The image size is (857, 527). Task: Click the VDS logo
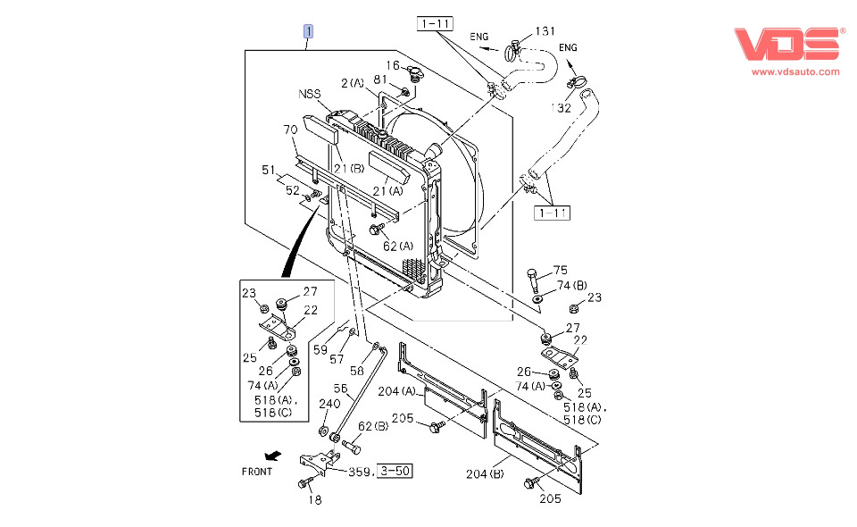click(788, 45)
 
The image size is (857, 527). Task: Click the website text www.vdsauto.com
click(795, 71)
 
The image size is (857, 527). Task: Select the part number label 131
click(545, 32)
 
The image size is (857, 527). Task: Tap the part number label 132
click(562, 108)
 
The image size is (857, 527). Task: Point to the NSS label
click(310, 94)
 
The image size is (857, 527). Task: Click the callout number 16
click(393, 65)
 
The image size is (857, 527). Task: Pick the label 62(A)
click(398, 246)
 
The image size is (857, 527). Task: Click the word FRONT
click(257, 471)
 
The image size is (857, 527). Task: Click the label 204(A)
click(396, 390)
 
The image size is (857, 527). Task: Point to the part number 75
click(561, 271)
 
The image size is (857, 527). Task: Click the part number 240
click(329, 403)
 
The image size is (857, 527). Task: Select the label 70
click(290, 130)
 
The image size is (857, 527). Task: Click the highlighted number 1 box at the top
click(308, 32)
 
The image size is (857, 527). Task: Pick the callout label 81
click(380, 80)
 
